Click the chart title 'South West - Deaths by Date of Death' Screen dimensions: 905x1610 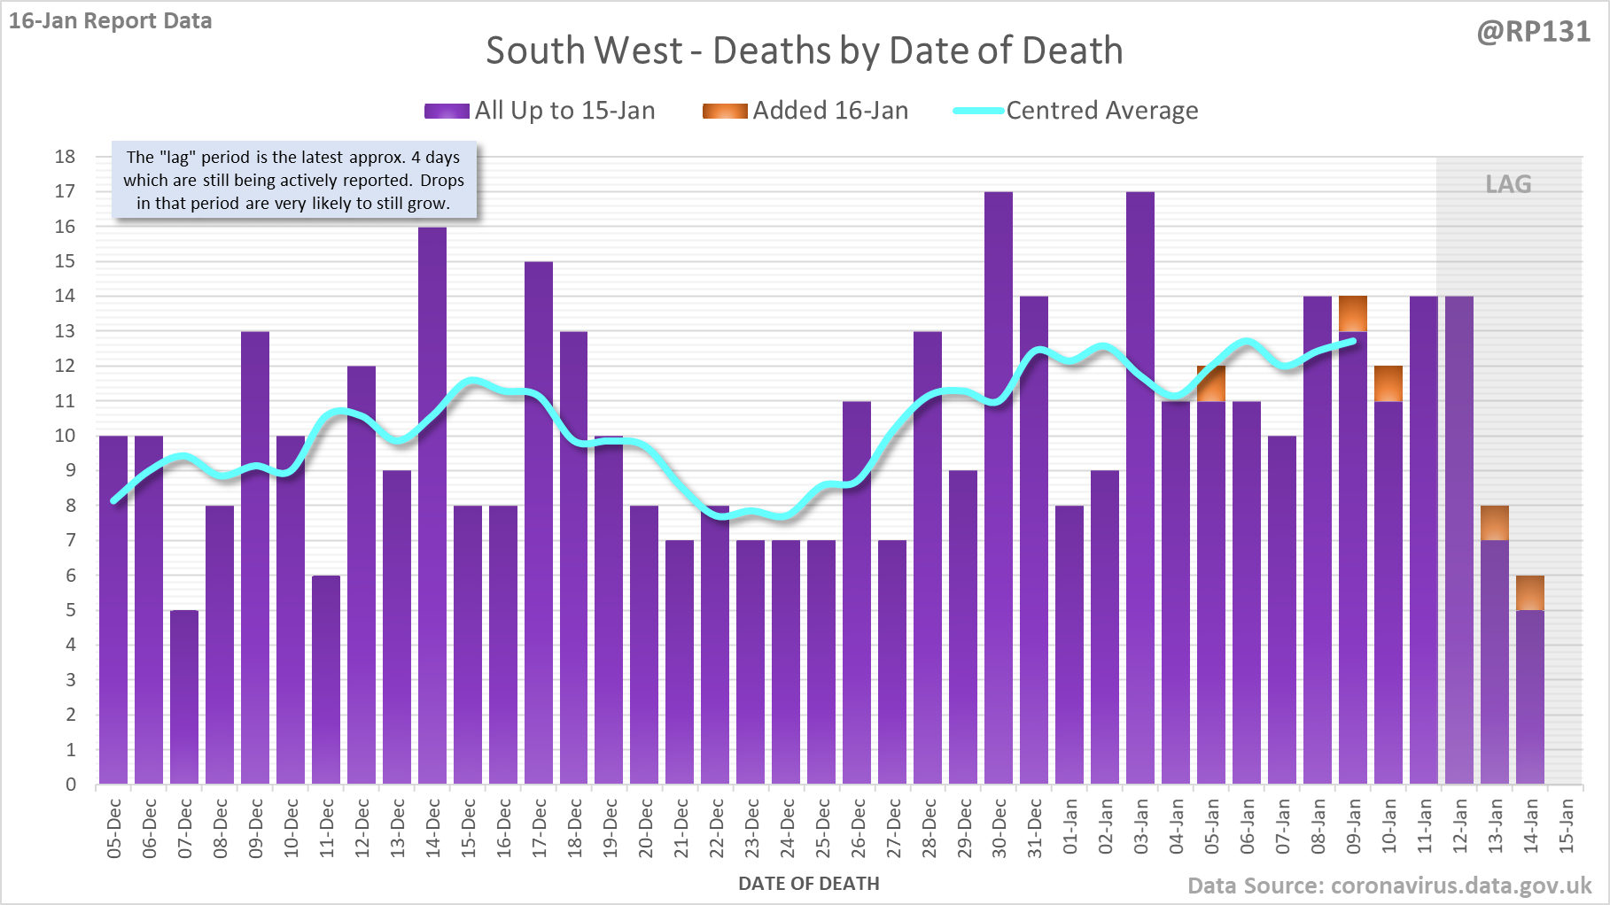[804, 51]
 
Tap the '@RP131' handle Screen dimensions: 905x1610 [1533, 32]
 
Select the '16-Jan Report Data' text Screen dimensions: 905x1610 [111, 21]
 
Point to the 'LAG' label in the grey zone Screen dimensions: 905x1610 [1508, 184]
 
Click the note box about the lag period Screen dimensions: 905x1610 [293, 181]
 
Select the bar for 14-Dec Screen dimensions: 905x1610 [432, 505]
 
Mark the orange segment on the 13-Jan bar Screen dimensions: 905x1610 [1495, 522]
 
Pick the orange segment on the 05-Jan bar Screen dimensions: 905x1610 [1211, 383]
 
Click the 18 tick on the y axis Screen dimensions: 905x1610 [66, 157]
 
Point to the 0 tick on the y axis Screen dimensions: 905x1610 [71, 785]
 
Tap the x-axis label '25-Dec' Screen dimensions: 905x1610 [823, 829]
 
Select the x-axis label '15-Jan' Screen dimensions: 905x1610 [1567, 826]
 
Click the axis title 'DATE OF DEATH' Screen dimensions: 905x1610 [808, 884]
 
